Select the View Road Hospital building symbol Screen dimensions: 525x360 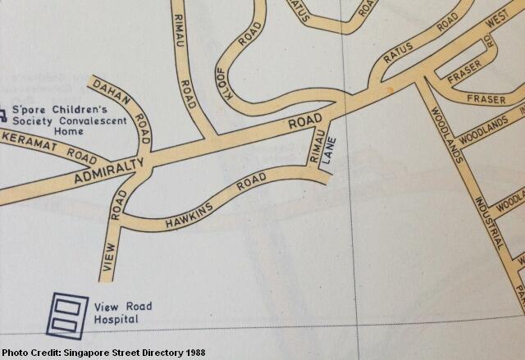click(66, 314)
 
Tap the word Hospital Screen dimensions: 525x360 click(116, 319)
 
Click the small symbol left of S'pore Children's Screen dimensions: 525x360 click(3, 111)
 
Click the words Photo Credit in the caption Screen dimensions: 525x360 click(30, 353)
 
